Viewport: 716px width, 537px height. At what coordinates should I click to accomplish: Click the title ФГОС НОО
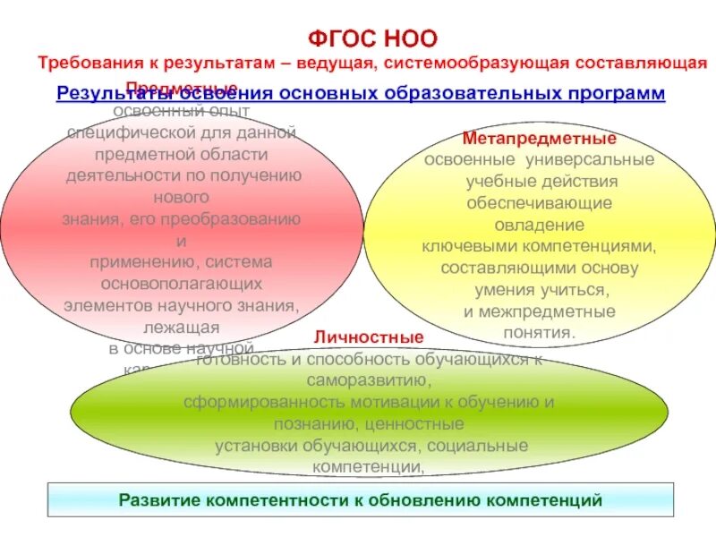point(372,38)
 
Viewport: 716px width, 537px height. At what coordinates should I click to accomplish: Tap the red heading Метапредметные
point(539,140)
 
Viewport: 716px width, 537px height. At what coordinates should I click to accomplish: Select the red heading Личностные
point(368,337)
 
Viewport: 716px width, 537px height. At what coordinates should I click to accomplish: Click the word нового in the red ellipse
point(182,197)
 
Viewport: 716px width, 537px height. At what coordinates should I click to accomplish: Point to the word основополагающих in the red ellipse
point(182,284)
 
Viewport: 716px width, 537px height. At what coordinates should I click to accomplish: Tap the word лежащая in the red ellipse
point(182,327)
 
